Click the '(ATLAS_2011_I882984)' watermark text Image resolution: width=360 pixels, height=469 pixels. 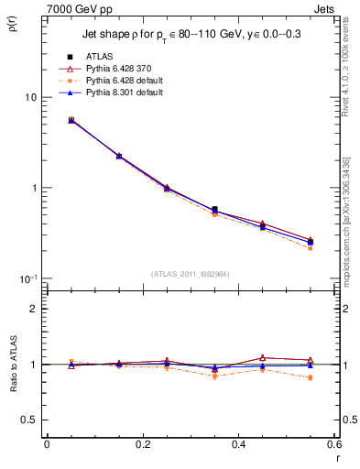190,273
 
